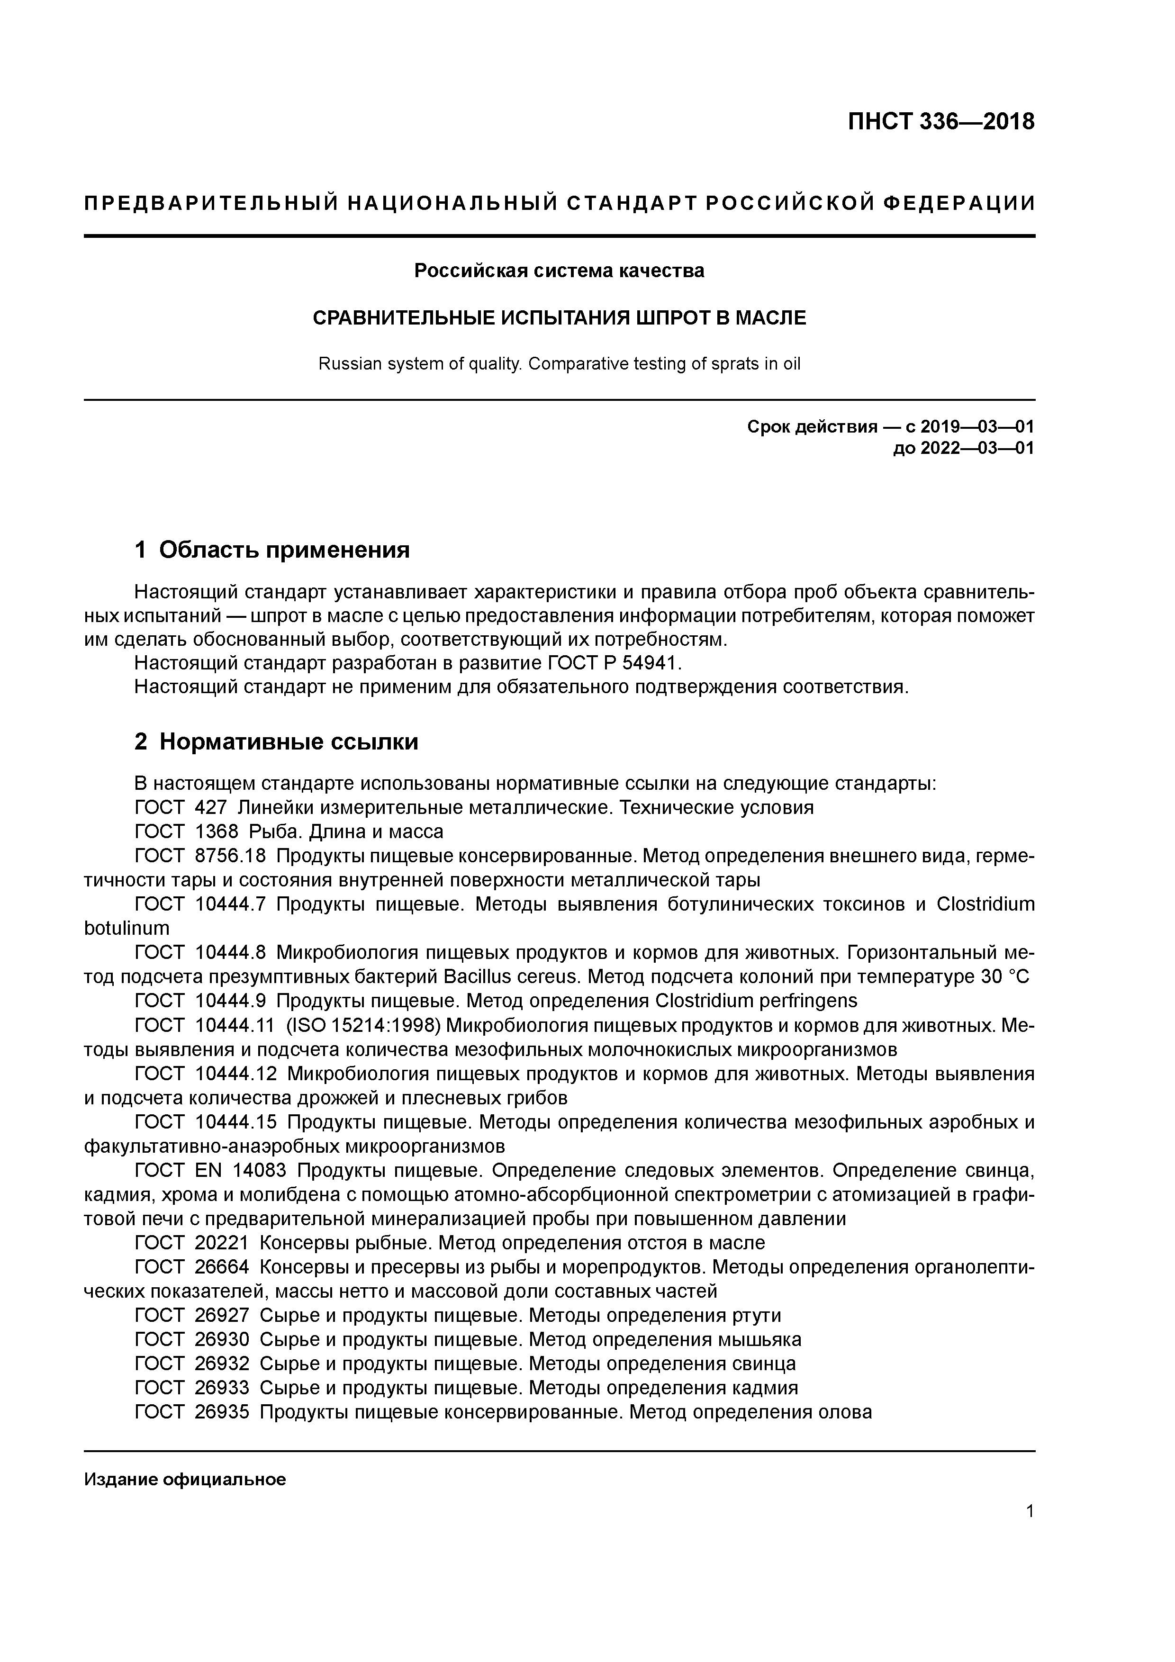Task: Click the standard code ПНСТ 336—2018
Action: (x=940, y=122)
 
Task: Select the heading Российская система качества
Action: (x=559, y=271)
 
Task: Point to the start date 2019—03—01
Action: (x=976, y=427)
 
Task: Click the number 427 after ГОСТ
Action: (x=211, y=807)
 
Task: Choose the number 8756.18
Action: (x=230, y=856)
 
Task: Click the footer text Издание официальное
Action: (x=185, y=1480)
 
